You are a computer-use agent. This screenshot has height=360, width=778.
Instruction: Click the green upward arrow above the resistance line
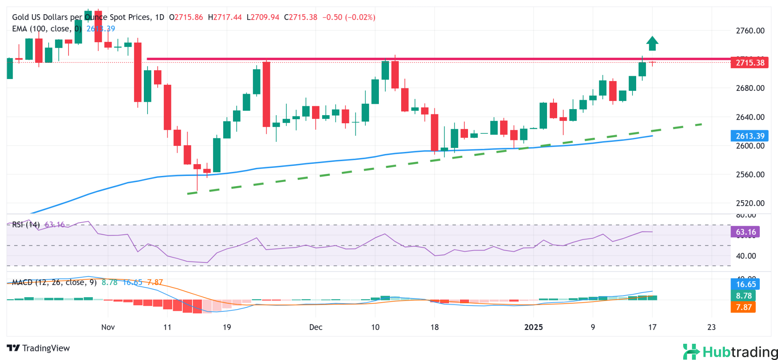point(652,43)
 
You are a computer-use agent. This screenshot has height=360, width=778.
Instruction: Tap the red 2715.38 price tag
point(750,63)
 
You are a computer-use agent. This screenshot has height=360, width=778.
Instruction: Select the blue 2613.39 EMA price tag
point(750,136)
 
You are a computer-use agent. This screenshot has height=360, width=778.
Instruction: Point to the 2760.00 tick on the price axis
point(750,31)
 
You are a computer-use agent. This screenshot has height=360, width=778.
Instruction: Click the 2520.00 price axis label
point(750,204)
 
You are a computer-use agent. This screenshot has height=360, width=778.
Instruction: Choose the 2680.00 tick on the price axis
point(750,88)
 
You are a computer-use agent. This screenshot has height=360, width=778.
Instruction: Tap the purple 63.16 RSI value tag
point(746,232)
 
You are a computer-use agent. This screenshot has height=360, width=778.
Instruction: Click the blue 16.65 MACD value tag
point(746,284)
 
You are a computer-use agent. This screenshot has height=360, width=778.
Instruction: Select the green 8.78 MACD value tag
point(744,296)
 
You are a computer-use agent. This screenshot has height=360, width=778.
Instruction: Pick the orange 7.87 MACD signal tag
point(744,307)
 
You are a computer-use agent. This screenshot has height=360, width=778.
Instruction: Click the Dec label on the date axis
point(316,327)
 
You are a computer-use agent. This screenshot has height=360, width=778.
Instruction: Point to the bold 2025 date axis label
point(533,327)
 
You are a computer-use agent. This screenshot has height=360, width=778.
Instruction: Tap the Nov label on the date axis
point(108,327)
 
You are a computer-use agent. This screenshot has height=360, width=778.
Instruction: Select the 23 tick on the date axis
point(712,327)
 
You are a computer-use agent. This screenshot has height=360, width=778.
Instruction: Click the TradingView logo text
point(38,348)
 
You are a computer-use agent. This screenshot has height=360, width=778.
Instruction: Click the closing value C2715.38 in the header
point(301,17)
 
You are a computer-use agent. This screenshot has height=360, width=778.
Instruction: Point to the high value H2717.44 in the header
point(225,17)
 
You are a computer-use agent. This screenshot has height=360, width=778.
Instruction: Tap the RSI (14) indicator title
point(26,225)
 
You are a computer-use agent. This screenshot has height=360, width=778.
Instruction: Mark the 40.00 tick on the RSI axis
point(746,256)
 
